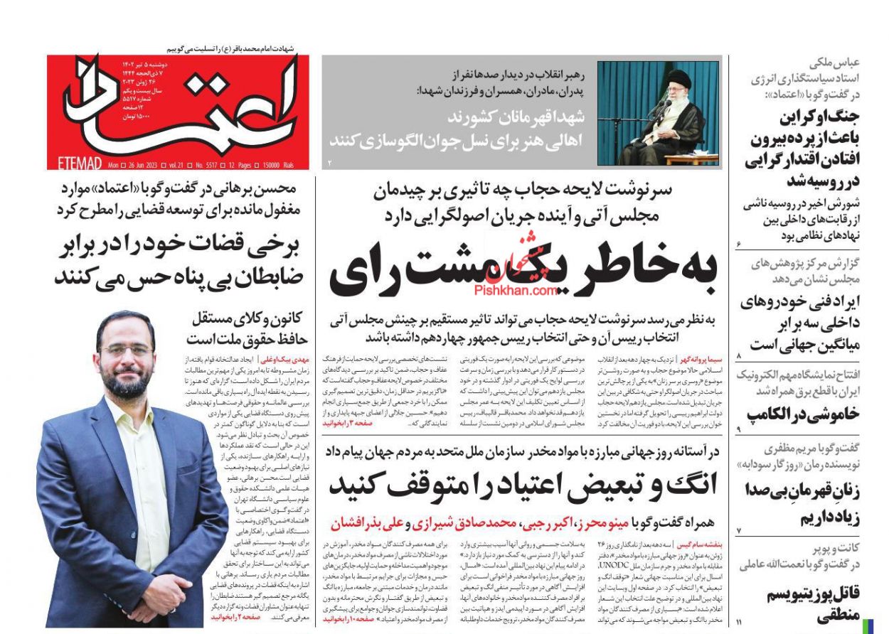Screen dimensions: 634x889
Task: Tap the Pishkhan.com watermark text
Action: (523, 290)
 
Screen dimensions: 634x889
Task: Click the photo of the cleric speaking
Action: (658, 113)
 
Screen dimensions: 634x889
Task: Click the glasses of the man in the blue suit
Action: (127, 350)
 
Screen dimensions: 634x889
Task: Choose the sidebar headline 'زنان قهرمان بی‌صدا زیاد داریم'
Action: (802, 503)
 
